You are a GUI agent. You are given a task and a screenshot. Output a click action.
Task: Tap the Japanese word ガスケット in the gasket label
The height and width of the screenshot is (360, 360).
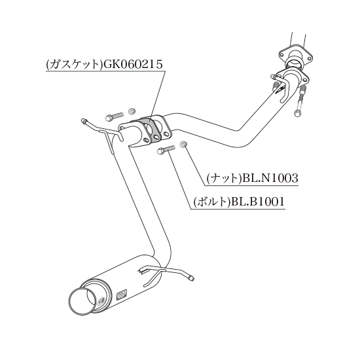pos(74,65)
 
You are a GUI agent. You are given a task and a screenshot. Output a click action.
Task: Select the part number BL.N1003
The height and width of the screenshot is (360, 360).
pos(270,178)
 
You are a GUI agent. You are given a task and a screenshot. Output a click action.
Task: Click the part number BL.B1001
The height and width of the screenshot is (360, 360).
pos(258,202)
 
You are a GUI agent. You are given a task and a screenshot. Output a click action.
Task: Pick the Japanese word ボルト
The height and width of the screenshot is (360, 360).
pos(212,202)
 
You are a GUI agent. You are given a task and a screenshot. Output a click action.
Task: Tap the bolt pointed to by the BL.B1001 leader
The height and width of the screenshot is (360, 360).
pos(166,150)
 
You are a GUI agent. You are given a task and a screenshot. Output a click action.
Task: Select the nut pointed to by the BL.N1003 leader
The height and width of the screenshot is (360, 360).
pos(183,145)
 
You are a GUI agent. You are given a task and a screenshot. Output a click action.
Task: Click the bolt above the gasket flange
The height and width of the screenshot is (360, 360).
pos(115,116)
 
